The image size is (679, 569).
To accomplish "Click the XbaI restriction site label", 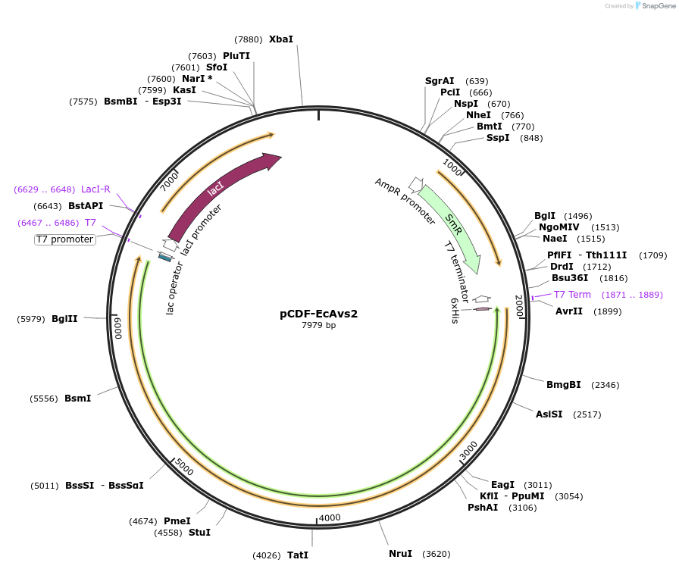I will tap(280, 39).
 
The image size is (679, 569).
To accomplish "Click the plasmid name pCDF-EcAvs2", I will tap(318, 314).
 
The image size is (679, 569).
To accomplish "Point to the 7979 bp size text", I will tap(318, 325).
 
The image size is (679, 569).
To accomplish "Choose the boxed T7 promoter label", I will tap(65, 239).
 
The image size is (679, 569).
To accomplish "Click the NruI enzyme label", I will tap(401, 554).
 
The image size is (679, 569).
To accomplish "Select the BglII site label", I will tap(64, 319).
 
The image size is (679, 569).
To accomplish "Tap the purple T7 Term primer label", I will tap(572, 295).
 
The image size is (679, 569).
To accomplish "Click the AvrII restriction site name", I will tap(568, 311).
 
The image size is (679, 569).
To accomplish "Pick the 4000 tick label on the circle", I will tap(330, 517).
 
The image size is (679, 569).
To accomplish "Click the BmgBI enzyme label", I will tap(564, 385).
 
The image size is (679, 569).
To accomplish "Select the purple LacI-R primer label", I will tap(95, 189).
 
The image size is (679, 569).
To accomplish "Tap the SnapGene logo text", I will tap(656, 6).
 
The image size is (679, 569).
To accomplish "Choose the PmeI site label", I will tap(177, 521).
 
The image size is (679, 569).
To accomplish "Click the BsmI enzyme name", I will tap(78, 398).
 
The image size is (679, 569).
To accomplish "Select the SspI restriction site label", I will tap(498, 138).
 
